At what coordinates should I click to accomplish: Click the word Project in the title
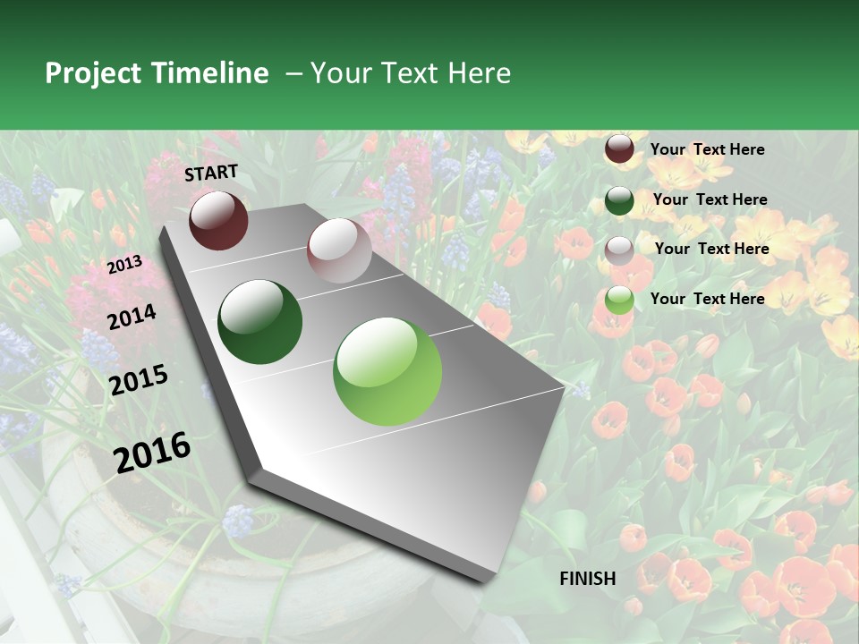coord(93,74)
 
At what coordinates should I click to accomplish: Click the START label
coord(211,173)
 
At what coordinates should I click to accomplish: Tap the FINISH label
coord(588,579)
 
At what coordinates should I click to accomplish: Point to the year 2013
coord(124,265)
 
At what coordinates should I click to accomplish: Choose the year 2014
coord(132,317)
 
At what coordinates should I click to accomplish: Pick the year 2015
coord(139,380)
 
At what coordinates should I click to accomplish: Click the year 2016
coord(152,452)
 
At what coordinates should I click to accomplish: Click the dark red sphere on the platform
coord(218,220)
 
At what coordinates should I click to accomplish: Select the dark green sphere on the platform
coord(260,322)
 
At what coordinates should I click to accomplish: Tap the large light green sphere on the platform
coord(387,371)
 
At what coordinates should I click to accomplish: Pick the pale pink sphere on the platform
coord(339,250)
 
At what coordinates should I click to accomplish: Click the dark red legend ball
coord(619,149)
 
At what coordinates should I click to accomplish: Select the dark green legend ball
coord(619,200)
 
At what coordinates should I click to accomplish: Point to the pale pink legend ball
coord(619,250)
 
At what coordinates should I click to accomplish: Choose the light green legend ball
coord(619,300)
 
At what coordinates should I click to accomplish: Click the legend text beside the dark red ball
coord(707,149)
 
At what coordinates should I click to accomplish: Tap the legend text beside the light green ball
coord(707,299)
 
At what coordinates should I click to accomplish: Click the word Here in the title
coord(479,73)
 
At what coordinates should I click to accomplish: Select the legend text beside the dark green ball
coord(710,199)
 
